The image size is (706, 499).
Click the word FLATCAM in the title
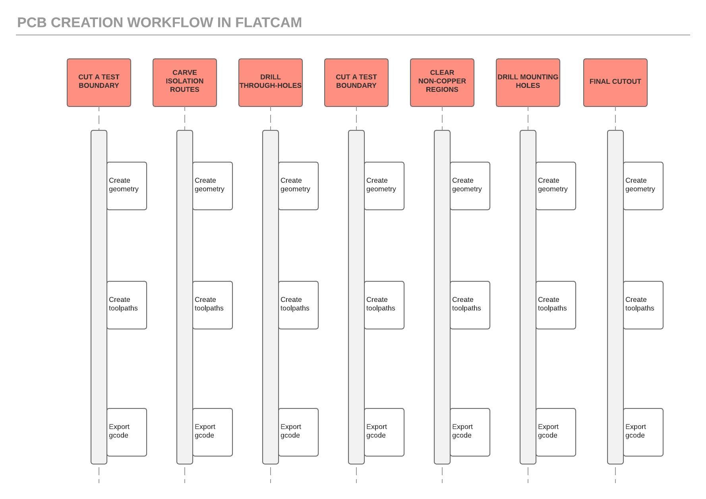[269, 23]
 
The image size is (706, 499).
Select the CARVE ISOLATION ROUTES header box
[185, 83]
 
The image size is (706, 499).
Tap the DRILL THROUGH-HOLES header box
[271, 83]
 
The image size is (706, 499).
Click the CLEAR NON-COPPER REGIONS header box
[442, 83]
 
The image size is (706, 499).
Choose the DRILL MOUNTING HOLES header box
[528, 83]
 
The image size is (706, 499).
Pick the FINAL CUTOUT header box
[615, 83]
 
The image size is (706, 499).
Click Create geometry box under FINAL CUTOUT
[643, 186]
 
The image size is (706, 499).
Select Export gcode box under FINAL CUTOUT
[643, 432]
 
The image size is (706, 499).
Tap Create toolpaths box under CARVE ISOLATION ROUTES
[213, 305]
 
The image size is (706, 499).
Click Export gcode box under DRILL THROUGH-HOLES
[298, 432]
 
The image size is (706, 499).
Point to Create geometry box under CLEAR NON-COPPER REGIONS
[470, 186]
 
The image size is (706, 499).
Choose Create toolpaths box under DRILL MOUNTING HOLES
[556, 305]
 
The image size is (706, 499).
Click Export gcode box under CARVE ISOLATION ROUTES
[213, 432]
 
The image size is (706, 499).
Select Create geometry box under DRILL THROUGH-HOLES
[298, 186]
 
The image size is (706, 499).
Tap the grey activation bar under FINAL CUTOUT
[615, 246]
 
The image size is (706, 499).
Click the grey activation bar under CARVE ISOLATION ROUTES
[185, 246]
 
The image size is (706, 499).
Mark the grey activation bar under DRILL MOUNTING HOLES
[528, 246]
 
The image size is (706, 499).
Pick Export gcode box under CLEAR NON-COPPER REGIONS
[470, 432]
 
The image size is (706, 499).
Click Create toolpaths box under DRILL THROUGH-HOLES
[298, 305]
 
